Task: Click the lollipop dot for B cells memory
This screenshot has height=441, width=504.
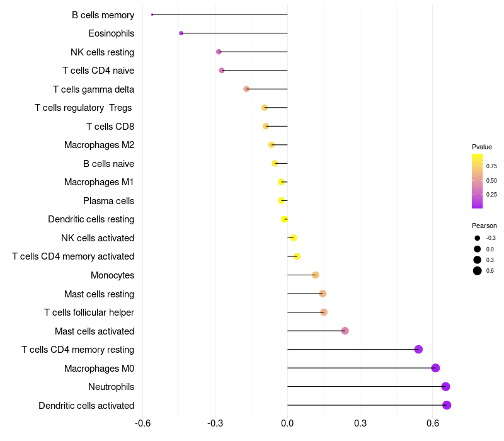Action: tap(152, 14)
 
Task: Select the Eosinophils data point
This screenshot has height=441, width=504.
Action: tap(181, 33)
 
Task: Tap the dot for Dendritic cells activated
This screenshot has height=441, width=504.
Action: tap(447, 405)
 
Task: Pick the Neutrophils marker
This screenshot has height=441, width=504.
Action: tap(446, 387)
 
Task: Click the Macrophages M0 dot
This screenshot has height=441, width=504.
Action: tap(435, 368)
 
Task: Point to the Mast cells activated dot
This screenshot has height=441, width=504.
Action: tap(345, 331)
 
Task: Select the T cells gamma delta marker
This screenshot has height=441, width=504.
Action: tap(246, 89)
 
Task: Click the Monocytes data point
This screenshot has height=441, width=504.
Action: tap(316, 275)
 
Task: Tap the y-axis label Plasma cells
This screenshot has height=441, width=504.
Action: tap(108, 201)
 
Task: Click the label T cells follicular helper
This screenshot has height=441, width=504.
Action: tap(89, 312)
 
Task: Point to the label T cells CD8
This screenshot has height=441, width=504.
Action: tap(110, 127)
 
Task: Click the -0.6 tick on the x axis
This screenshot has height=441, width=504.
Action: tap(143, 423)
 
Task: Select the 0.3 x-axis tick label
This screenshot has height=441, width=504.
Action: tap(360, 423)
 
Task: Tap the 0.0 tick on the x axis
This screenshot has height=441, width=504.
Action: tap(287, 423)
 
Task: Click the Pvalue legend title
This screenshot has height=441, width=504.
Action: tap(482, 147)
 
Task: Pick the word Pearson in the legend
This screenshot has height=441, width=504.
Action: tap(484, 226)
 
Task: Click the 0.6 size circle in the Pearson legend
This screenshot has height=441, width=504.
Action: tap(478, 271)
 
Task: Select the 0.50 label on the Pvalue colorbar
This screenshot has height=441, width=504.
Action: tap(491, 181)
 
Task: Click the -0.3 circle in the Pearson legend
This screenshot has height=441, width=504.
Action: tap(478, 238)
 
